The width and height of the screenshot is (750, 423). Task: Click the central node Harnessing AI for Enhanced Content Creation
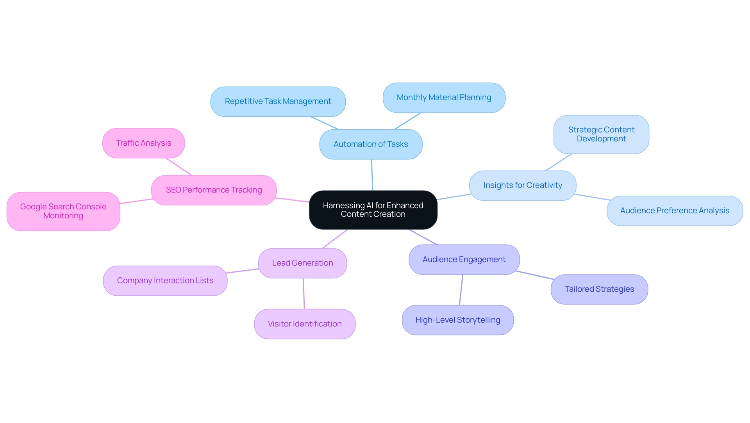click(x=373, y=210)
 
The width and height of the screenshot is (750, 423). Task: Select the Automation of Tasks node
click(x=371, y=144)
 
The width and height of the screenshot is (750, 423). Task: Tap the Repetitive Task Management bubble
click(x=278, y=102)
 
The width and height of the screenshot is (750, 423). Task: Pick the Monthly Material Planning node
click(x=444, y=98)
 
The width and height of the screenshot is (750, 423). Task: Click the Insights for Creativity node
click(x=523, y=186)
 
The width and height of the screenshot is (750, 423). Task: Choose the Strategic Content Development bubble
click(x=601, y=134)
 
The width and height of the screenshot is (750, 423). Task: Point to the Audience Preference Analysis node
click(x=675, y=211)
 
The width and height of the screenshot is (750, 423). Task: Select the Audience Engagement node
click(x=464, y=260)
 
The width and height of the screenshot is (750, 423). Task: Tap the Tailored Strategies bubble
click(x=599, y=289)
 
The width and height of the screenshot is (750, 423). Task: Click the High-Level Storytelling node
click(x=457, y=320)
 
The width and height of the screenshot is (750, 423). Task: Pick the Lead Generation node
click(x=302, y=263)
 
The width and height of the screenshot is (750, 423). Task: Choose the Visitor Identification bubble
click(x=305, y=324)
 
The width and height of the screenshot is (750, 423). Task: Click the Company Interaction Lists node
click(x=165, y=281)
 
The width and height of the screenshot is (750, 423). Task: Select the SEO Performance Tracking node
click(x=214, y=190)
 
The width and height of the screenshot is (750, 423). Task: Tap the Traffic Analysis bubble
click(x=143, y=143)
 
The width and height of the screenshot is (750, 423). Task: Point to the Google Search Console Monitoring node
click(x=63, y=211)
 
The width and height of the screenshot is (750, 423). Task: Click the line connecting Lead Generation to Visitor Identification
click(x=304, y=294)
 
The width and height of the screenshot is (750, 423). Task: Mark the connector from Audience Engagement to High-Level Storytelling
click(x=461, y=290)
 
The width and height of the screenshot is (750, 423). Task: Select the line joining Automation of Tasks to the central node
click(x=372, y=175)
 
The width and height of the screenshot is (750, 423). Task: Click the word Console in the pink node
click(x=91, y=207)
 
